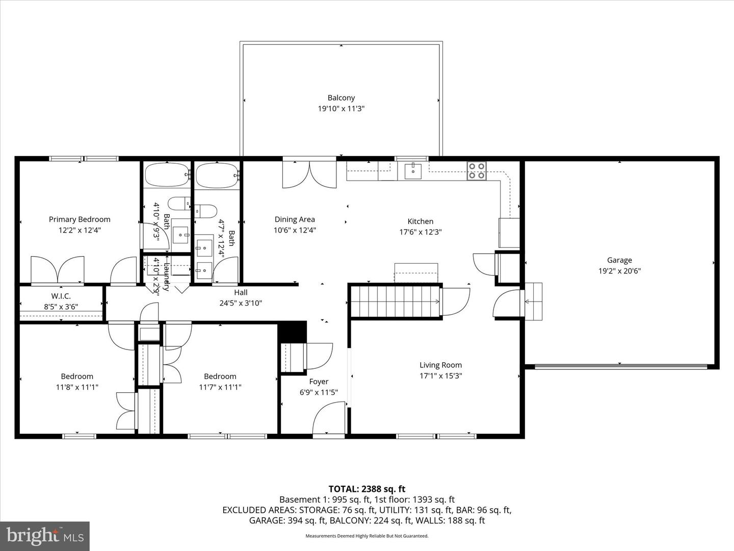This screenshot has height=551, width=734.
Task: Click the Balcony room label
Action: point(341,98)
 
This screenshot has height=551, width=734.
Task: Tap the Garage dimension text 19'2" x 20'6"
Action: point(619,271)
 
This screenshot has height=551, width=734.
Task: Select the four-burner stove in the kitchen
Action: point(477,171)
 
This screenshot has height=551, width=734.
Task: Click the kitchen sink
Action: point(413,171)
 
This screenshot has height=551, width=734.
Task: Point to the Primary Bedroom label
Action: point(80,219)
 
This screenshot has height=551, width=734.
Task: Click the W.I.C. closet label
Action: point(61,296)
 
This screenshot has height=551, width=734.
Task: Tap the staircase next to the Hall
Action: point(395,302)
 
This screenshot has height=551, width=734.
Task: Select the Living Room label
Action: point(440,365)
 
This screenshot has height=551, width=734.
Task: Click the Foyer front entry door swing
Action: point(329,418)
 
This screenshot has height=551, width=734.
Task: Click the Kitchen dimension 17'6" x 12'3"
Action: point(420,232)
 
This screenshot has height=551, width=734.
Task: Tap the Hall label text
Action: point(241,292)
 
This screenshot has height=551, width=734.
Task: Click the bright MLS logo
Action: point(45,536)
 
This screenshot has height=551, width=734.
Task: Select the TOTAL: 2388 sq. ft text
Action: point(366,489)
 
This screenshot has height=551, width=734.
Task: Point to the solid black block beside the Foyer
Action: point(292,332)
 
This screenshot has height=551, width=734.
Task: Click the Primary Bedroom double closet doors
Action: point(58,269)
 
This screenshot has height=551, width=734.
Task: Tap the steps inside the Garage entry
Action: point(533,302)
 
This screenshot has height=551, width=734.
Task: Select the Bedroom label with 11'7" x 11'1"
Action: point(220,377)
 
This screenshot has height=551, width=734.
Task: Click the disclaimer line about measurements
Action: point(366,536)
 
